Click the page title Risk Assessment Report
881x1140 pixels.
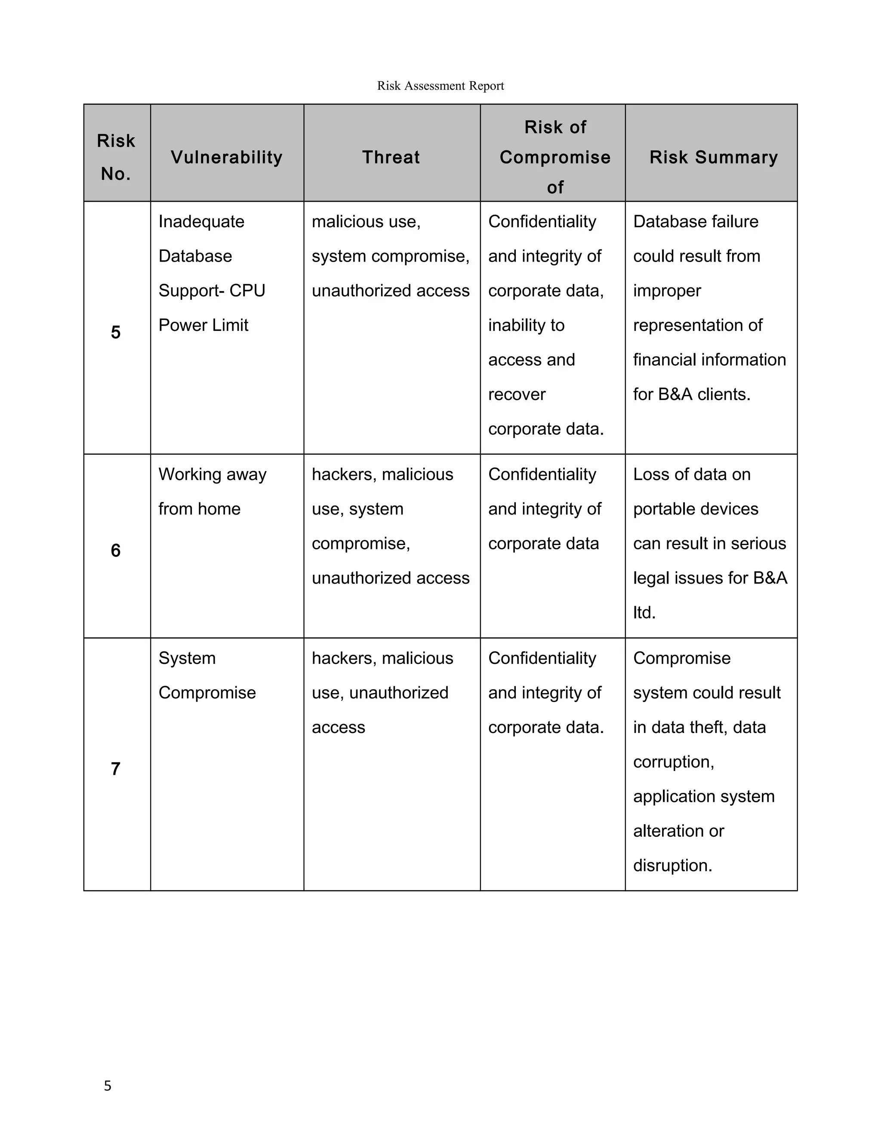pyautogui.click(x=440, y=86)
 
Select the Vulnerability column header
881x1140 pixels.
pyautogui.click(x=227, y=157)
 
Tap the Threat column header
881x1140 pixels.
pyautogui.click(x=391, y=157)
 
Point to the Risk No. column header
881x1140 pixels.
pyautogui.click(x=116, y=157)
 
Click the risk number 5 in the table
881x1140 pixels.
pyautogui.click(x=116, y=332)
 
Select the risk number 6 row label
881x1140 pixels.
pyautogui.click(x=116, y=550)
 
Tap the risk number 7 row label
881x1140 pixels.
pyautogui.click(x=116, y=768)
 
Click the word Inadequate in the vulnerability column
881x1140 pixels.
pyautogui.click(x=201, y=221)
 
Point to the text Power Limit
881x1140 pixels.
pyautogui.click(x=203, y=325)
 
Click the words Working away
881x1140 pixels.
pyautogui.click(x=213, y=474)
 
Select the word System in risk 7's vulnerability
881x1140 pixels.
pyautogui.click(x=187, y=658)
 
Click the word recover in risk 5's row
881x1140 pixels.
pyautogui.click(x=517, y=394)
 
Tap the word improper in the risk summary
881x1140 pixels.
pyautogui.click(x=667, y=291)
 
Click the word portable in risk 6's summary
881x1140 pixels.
pyautogui.click(x=659, y=509)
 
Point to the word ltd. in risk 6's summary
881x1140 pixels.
pyautogui.click(x=644, y=612)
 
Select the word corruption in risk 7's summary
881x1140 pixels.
pyautogui.click(x=673, y=762)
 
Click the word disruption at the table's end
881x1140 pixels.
pyautogui.click(x=672, y=866)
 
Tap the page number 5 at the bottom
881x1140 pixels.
pyautogui.click(x=108, y=1086)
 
